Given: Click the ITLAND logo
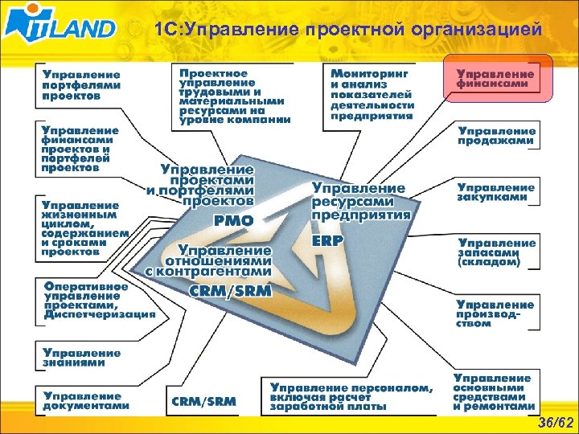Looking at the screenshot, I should tap(60, 28).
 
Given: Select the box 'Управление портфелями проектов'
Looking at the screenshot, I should tap(82, 83).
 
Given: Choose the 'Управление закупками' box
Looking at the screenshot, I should tap(497, 191).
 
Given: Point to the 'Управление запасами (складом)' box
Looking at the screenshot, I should tap(497, 252).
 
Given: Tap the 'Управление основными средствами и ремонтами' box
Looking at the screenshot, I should tap(493, 392).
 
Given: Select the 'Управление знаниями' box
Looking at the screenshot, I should tap(82, 357).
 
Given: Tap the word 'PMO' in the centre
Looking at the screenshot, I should tap(233, 219).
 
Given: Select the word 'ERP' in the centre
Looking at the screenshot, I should tap(327, 240).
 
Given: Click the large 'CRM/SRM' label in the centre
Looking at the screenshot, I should tap(231, 289).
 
